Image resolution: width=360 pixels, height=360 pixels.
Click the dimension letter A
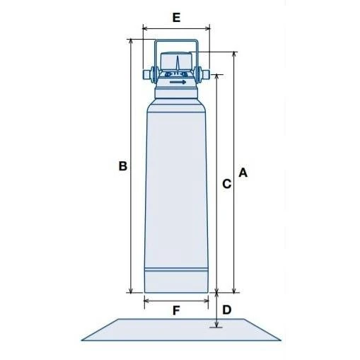[243, 173]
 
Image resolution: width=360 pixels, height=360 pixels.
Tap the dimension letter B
[123, 166]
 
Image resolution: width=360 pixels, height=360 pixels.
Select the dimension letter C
[227, 184]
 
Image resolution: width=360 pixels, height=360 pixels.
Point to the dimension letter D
[227, 310]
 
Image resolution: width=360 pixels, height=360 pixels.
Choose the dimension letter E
[176, 18]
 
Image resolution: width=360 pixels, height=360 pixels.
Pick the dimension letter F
[176, 310]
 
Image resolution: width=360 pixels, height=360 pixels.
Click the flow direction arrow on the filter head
[178, 82]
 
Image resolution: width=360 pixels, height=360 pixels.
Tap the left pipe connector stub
[146, 74]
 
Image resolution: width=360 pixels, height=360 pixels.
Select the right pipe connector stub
[205, 74]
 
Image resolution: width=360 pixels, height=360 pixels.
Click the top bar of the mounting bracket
[176, 40]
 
